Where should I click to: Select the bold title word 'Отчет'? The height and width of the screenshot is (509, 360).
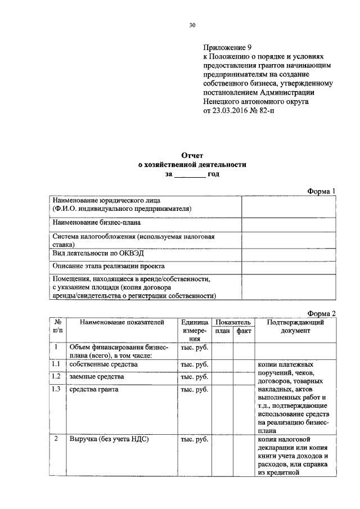coord(192,155)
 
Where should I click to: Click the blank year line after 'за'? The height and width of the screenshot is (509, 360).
coord(190,175)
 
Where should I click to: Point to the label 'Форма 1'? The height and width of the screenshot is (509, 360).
coord(322,191)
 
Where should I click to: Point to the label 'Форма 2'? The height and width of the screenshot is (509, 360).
coord(322,313)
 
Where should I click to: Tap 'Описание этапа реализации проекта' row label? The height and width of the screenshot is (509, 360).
coord(109,265)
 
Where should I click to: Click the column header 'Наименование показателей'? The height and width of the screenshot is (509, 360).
coord(121,322)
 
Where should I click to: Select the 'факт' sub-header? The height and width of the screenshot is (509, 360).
coord(244,331)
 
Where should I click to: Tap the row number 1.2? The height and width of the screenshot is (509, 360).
coord(56,376)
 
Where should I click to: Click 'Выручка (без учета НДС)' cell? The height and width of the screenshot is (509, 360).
coord(109,439)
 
